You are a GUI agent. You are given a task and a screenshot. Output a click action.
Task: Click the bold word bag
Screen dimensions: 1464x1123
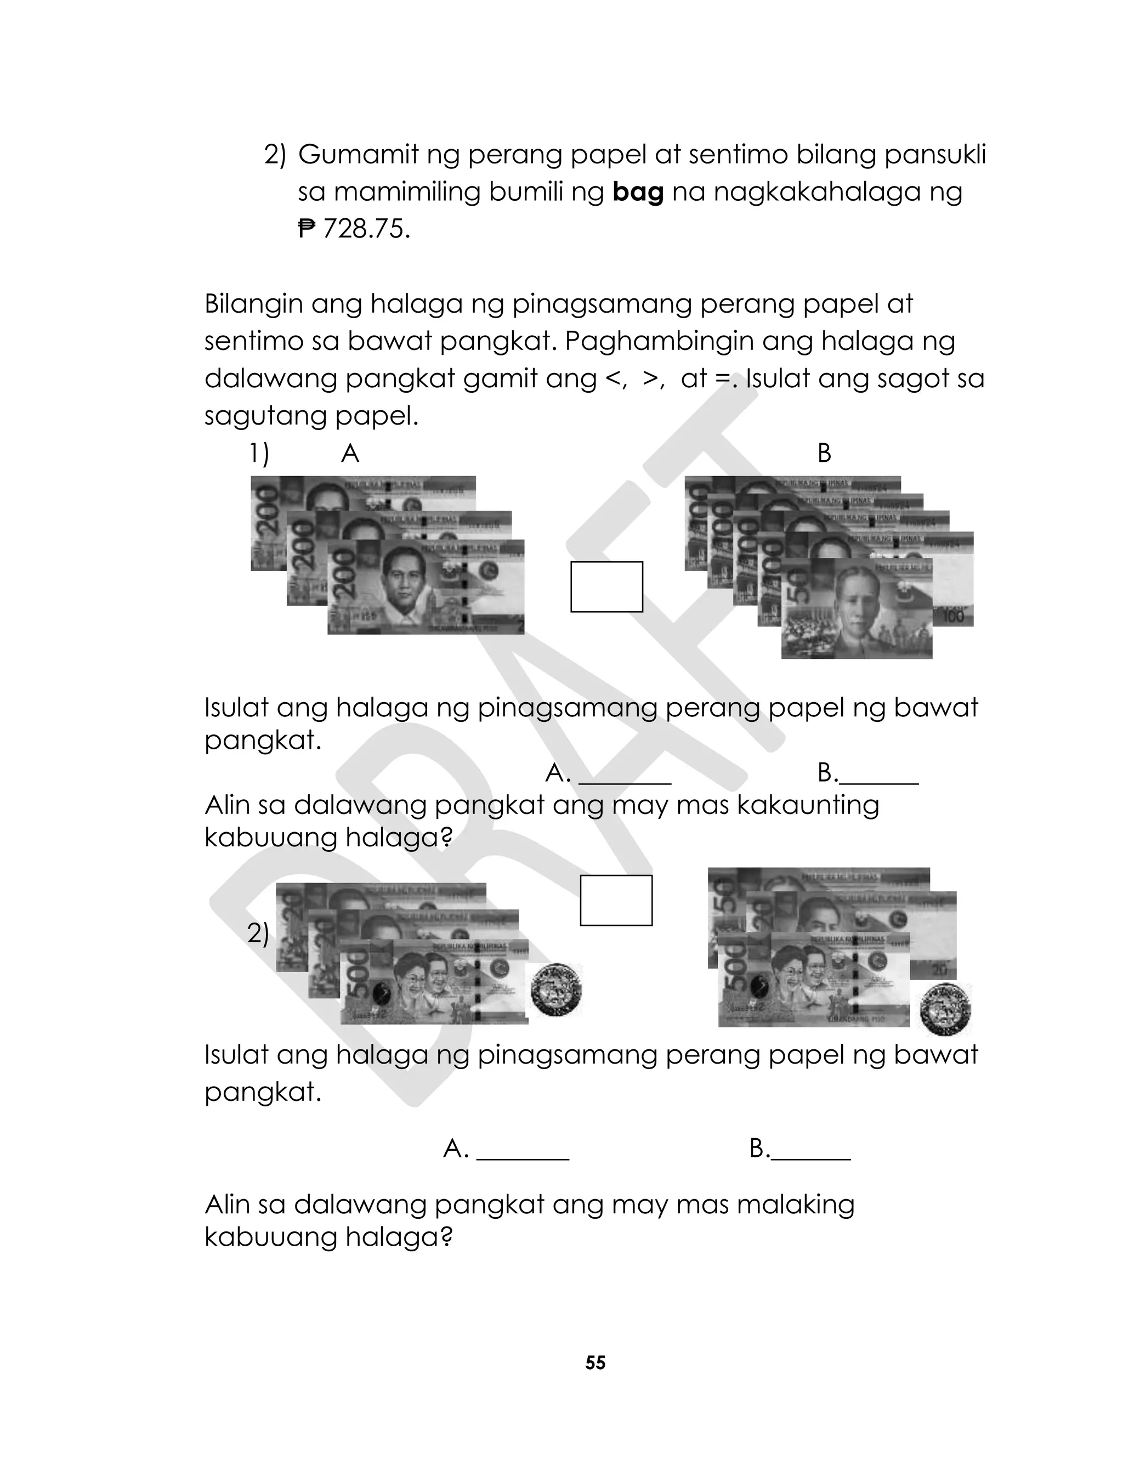tap(638, 193)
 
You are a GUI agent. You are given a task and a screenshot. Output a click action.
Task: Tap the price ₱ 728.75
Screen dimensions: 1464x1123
tap(354, 229)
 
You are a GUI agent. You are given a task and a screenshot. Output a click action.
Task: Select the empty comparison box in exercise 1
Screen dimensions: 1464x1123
tap(606, 587)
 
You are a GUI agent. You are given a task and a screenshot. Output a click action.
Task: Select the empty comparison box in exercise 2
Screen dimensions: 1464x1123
tap(616, 900)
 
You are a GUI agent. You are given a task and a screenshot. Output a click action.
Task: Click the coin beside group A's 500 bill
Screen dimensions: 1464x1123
tap(555, 990)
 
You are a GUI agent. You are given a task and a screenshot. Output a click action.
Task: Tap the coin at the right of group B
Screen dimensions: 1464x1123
tap(945, 1009)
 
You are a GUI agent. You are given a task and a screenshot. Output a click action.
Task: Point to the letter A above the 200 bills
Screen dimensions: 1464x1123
tap(350, 454)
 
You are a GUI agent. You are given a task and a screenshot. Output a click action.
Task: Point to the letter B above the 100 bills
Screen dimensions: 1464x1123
tap(824, 454)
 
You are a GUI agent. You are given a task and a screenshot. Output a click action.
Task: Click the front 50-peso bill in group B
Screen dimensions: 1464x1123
tap(857, 608)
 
